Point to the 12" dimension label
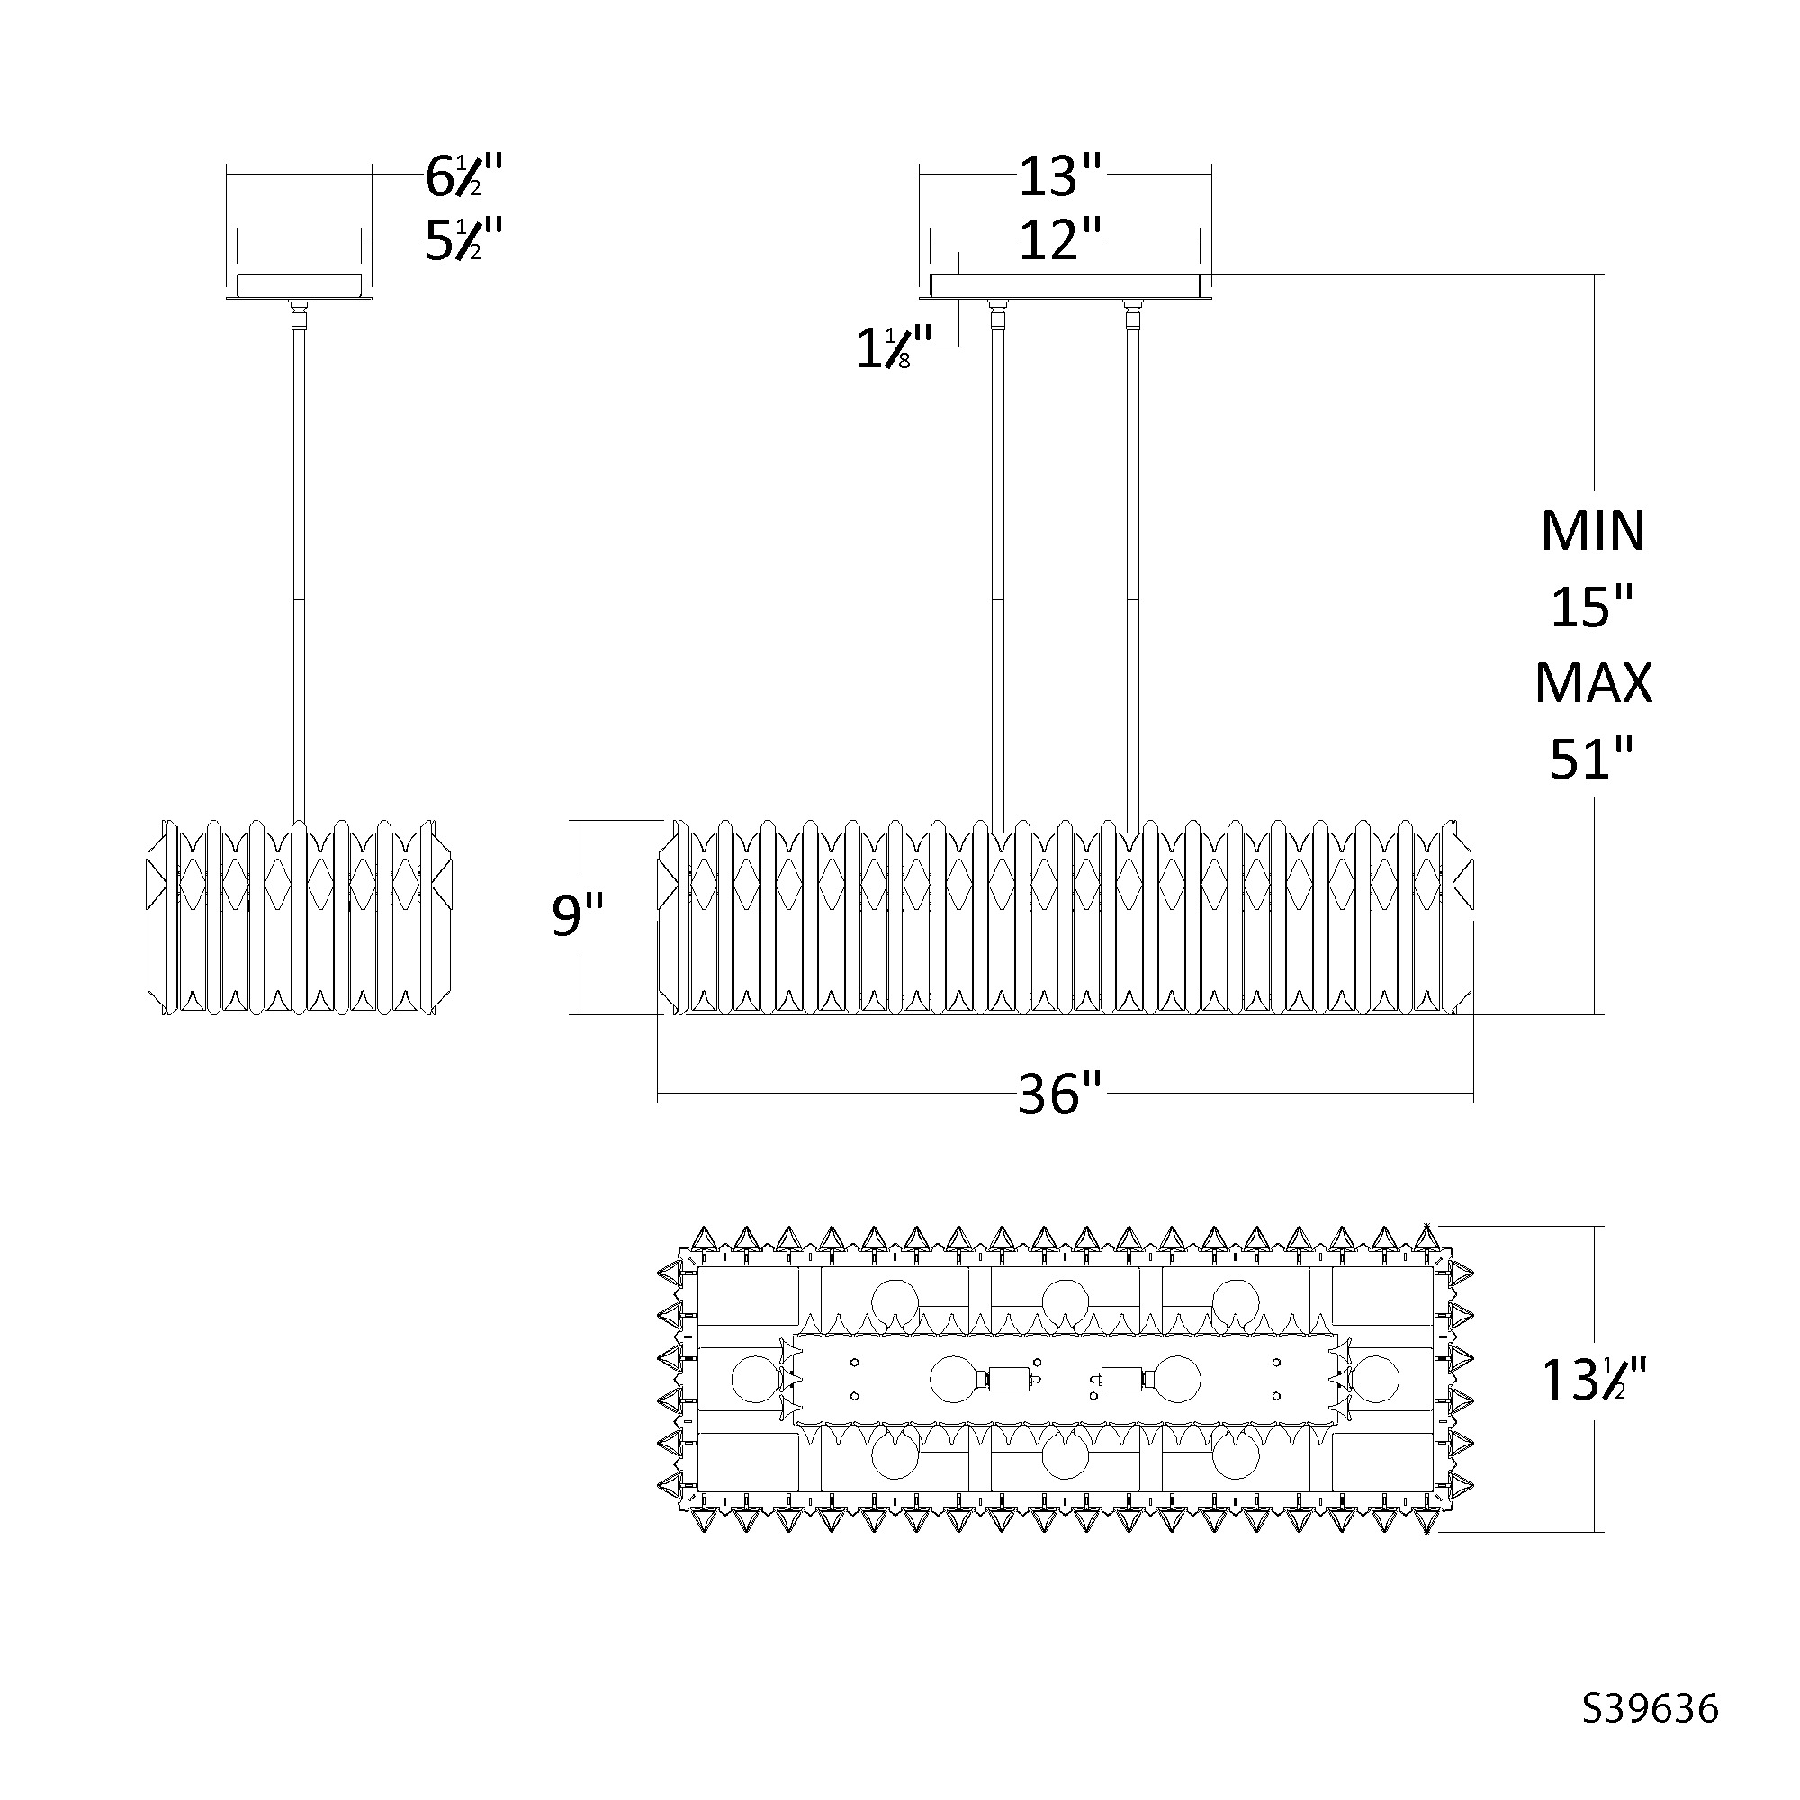coord(1060,240)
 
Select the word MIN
coord(1593,531)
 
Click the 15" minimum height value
coord(1592,607)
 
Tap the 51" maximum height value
coord(1592,760)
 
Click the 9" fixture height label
coord(578,915)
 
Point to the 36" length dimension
coord(1060,1094)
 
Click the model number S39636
coord(1650,1735)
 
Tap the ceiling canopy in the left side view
coord(299,286)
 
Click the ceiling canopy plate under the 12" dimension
coord(1065,286)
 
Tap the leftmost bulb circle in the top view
coord(756,1380)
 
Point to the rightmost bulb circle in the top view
coord(1375,1380)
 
